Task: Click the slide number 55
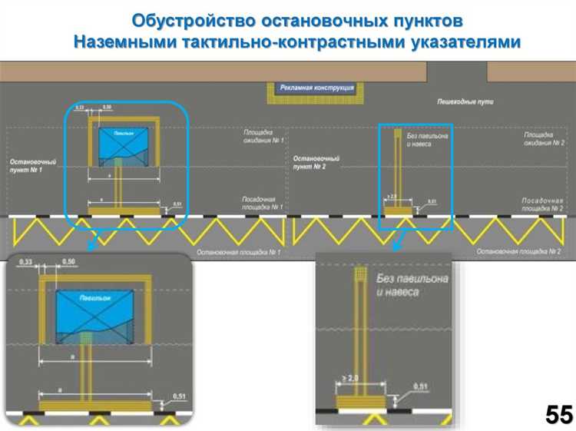559,415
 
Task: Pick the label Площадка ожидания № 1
263,137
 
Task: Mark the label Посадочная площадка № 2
544,204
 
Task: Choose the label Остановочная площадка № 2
519,251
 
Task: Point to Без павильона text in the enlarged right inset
412,279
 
